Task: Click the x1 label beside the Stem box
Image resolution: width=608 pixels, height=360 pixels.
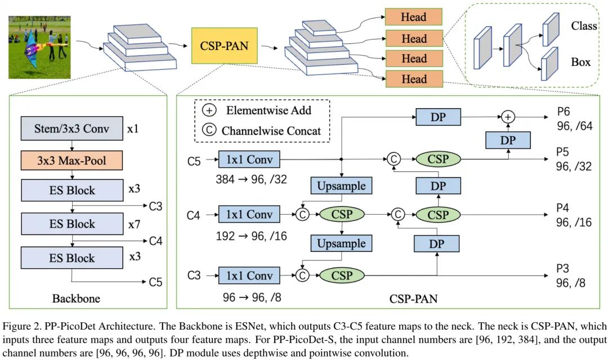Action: tap(133, 129)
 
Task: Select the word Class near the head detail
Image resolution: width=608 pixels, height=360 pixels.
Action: tap(583, 26)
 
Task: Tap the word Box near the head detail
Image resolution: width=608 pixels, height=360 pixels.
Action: tap(580, 61)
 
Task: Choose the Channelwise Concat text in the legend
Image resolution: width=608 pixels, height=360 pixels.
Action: tap(271, 131)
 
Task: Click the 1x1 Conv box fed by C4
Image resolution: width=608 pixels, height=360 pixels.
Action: tap(248, 214)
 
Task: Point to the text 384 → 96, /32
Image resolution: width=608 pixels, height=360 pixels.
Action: tap(251, 180)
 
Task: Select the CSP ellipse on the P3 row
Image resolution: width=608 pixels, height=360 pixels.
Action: tap(341, 275)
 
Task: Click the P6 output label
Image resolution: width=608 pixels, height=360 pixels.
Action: tap(564, 112)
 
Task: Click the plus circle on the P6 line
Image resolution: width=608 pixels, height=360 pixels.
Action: tap(508, 117)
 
